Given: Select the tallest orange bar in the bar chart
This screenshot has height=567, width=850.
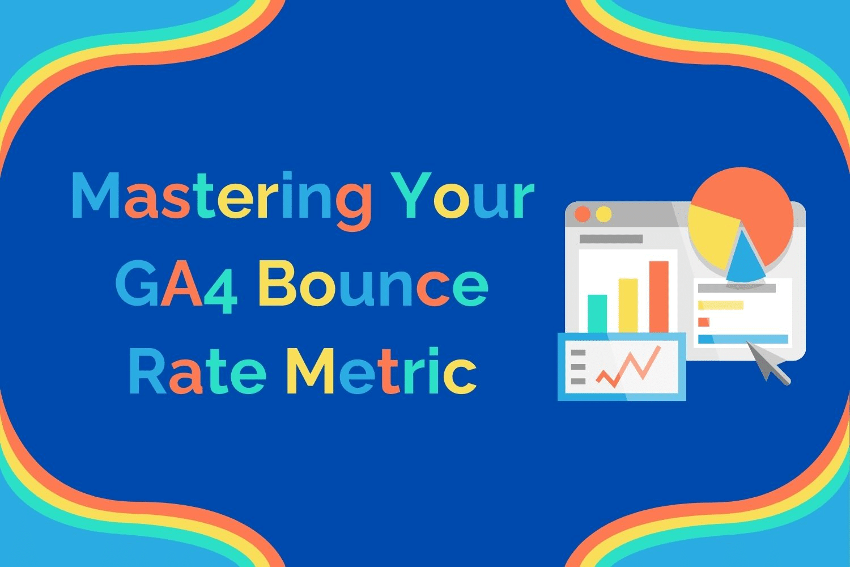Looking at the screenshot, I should (x=658, y=295).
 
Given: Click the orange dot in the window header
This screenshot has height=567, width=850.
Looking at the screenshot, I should (x=582, y=214).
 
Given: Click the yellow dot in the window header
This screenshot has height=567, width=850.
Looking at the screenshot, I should (x=604, y=214).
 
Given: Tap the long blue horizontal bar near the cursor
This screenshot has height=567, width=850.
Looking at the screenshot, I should (x=743, y=339).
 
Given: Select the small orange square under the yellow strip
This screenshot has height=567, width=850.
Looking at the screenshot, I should (x=704, y=322).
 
